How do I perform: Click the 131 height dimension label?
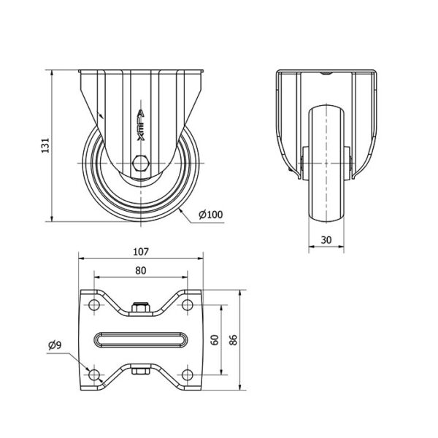tap(45, 145)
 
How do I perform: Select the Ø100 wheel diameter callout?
tap(211, 215)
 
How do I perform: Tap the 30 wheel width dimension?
tap(326, 240)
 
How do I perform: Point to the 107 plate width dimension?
tap(141, 252)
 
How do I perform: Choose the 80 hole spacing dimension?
tap(141, 270)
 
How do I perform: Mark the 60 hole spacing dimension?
tap(215, 339)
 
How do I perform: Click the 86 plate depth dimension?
tap(234, 339)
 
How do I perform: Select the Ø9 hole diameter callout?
tap(55, 345)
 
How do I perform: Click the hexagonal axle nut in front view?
tap(141, 163)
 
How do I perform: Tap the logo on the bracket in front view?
tap(141, 124)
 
